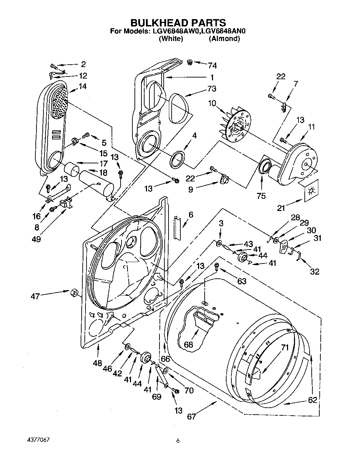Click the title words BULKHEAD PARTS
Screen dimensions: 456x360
(x=178, y=23)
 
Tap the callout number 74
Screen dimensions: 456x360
(x=212, y=65)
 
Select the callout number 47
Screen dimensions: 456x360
(x=35, y=296)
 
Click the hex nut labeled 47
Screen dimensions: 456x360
(x=73, y=292)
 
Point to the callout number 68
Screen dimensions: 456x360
(x=188, y=345)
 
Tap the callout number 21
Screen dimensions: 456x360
(x=281, y=208)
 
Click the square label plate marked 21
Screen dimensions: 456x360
(x=310, y=191)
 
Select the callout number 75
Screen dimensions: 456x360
(x=261, y=196)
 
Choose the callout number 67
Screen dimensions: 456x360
(x=191, y=416)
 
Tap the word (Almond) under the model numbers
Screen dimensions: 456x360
(x=224, y=39)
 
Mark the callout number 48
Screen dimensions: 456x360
(x=97, y=363)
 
